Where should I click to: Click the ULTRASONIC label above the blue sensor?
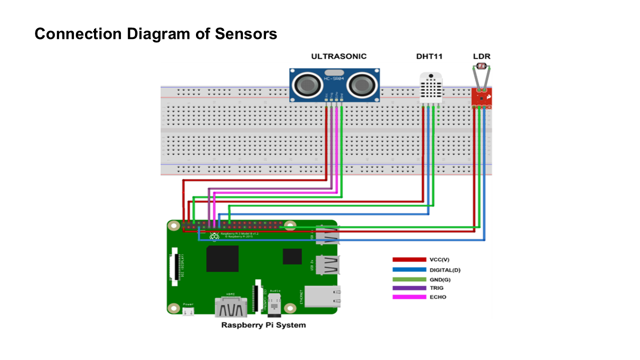pyautogui.click(x=338, y=56)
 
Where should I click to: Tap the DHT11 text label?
pyautogui.click(x=429, y=56)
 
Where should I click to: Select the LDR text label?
pyautogui.click(x=482, y=56)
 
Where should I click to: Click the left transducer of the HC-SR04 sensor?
pyautogui.click(x=306, y=85)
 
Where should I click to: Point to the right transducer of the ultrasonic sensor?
pyautogui.click(x=361, y=85)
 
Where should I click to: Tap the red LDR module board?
pyautogui.click(x=481, y=98)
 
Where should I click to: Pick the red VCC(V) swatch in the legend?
pyautogui.click(x=408, y=260)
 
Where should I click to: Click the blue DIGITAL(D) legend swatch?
pyautogui.click(x=408, y=270)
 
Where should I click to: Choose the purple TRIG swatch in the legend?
pyautogui.click(x=408, y=288)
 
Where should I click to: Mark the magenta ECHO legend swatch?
pyautogui.click(x=408, y=297)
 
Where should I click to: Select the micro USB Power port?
pyautogui.click(x=188, y=311)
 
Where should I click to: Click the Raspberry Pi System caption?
pyautogui.click(x=263, y=325)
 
